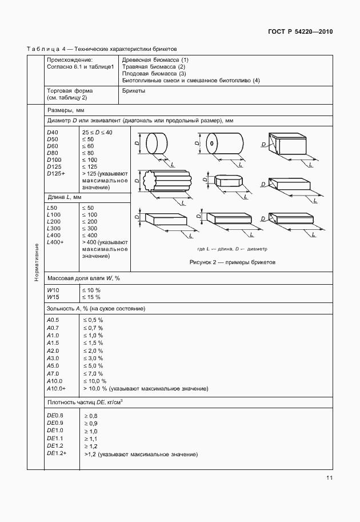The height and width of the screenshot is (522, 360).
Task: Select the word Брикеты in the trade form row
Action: pyautogui.click(x=133, y=90)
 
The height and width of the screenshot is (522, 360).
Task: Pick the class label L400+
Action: pyautogui.click(x=55, y=242)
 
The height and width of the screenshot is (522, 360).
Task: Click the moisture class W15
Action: pyautogui.click(x=53, y=297)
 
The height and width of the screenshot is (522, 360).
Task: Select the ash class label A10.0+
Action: pyautogui.click(x=56, y=388)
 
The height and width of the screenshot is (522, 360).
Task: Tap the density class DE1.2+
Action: pyautogui.click(x=57, y=453)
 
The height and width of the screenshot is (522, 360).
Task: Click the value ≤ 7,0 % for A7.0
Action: pyautogui.click(x=93, y=373)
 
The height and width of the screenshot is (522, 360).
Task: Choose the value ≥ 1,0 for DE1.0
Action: pyautogui.click(x=91, y=431)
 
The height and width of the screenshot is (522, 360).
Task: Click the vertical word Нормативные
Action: pyautogui.click(x=36, y=262)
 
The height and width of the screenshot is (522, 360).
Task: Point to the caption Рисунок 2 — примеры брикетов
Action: pyautogui.click(x=232, y=262)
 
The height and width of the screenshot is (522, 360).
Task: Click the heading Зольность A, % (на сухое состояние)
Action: pyautogui.click(x=96, y=309)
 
